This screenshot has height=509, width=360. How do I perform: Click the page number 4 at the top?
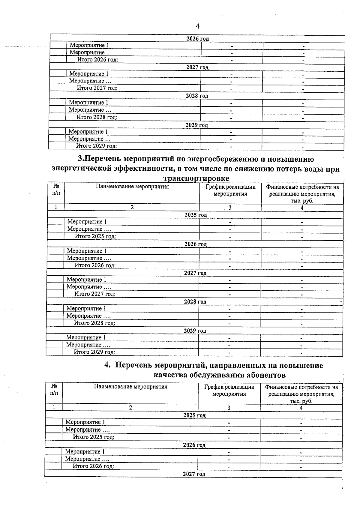[x=197, y=26]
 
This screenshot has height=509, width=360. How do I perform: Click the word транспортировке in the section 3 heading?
[x=196, y=178]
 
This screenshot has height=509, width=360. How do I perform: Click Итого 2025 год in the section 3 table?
[x=95, y=236]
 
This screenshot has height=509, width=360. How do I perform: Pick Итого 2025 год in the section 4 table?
[x=94, y=437]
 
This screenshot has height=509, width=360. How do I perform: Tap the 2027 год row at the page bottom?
[x=194, y=474]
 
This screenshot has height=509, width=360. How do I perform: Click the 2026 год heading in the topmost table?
[x=197, y=39]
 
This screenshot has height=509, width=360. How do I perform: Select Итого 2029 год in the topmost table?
[x=96, y=146]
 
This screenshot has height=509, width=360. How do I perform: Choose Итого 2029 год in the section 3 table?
[x=94, y=352]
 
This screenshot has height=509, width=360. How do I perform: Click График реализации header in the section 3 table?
[x=230, y=190]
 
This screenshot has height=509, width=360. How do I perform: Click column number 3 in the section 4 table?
[x=229, y=408]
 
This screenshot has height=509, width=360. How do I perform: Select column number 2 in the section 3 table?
[x=132, y=208]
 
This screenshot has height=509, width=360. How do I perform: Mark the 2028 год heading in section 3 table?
[x=195, y=302]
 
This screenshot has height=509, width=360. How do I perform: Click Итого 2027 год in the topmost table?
[x=97, y=88]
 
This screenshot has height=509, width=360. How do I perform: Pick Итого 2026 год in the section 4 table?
[x=93, y=466]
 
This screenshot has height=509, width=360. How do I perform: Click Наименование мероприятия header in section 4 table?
[x=130, y=387]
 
